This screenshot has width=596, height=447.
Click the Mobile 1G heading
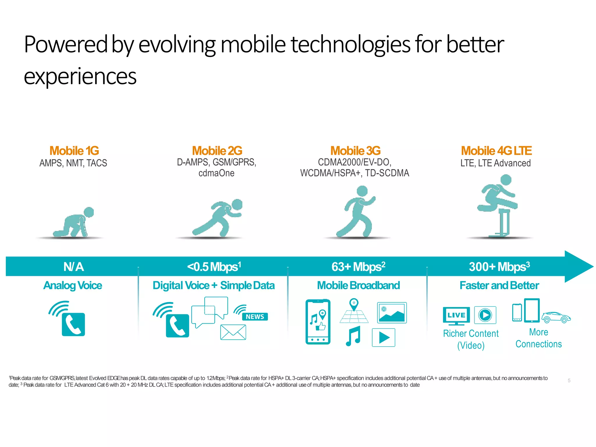[x=74, y=151]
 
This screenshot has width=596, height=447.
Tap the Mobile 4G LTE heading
[x=496, y=151]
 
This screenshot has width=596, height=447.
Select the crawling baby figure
[x=74, y=222]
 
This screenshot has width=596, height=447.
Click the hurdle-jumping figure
[x=498, y=204]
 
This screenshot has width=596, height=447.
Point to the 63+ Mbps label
[x=358, y=267]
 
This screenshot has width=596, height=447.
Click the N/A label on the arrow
[x=74, y=267]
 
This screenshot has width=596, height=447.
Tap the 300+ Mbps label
[x=499, y=267]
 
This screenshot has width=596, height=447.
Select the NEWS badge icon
[x=255, y=317]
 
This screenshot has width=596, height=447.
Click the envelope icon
[x=233, y=332]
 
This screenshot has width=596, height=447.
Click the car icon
[x=556, y=317]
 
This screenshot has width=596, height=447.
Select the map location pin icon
[x=354, y=305]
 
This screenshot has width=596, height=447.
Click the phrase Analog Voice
[x=73, y=285]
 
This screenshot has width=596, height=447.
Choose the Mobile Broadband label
[x=358, y=285]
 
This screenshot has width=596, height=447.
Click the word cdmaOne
[x=216, y=173]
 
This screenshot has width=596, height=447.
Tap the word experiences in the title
[x=80, y=77]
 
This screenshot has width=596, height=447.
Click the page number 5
[x=569, y=381]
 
